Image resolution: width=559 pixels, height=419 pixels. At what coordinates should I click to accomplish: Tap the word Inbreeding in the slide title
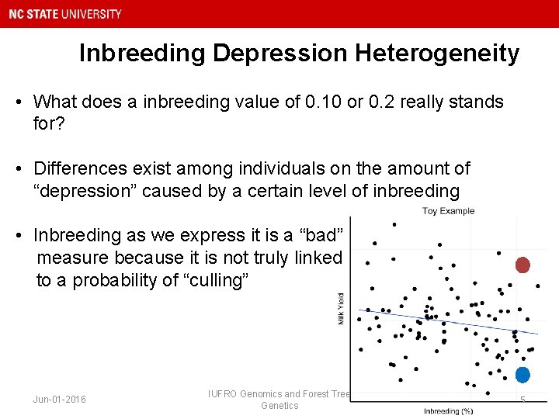(x=142, y=53)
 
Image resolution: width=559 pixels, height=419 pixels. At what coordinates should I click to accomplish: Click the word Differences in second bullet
(x=78, y=168)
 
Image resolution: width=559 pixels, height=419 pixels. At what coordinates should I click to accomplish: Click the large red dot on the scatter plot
(x=523, y=265)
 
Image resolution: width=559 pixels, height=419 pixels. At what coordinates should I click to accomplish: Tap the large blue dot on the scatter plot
(x=523, y=375)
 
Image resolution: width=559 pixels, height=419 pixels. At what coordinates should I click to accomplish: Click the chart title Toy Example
(x=448, y=211)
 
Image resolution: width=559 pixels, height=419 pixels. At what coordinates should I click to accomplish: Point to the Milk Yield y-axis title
(x=342, y=308)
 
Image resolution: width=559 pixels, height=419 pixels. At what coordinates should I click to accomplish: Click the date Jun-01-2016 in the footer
(x=60, y=400)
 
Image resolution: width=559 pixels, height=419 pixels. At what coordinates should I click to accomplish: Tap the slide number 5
(x=523, y=400)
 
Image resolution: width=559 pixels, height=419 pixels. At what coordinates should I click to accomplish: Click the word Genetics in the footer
(x=279, y=406)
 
